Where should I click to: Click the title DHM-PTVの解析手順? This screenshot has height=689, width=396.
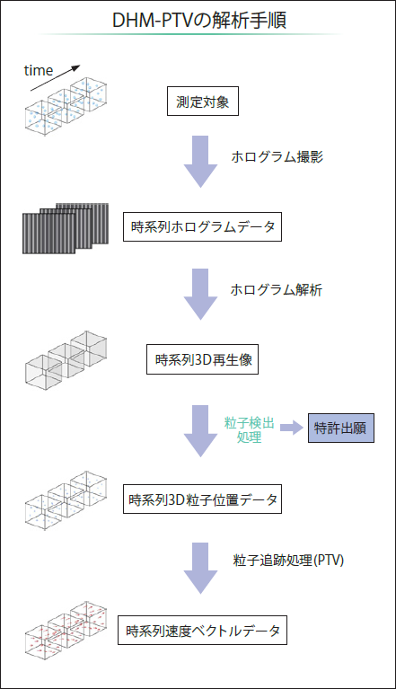point(199,21)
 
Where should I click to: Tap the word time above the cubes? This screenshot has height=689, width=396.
point(39,70)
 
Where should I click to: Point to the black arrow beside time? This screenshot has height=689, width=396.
point(56,78)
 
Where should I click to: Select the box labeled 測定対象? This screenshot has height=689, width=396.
point(203,102)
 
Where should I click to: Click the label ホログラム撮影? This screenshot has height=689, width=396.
point(277,157)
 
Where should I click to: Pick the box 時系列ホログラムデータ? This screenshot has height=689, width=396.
point(202,226)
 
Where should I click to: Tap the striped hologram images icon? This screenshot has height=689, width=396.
point(66,228)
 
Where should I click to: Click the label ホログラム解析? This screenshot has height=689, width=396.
point(277,289)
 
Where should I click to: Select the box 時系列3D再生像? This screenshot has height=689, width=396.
point(202,359)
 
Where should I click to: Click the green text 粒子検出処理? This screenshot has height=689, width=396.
point(250,430)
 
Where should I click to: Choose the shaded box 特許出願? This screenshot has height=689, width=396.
point(341,428)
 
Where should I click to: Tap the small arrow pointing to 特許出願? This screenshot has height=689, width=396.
point(292,428)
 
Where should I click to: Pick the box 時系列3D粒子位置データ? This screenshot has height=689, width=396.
point(202,499)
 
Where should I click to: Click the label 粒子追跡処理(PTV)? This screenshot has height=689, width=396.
point(288,560)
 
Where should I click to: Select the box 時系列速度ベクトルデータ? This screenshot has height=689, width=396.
point(202,630)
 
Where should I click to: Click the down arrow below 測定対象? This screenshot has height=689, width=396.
point(200,162)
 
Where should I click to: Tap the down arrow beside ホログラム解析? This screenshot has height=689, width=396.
point(200,294)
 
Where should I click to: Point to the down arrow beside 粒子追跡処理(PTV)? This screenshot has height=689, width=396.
point(200,568)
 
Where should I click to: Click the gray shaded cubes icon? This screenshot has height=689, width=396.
point(66,358)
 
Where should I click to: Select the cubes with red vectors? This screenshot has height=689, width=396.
point(66,629)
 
